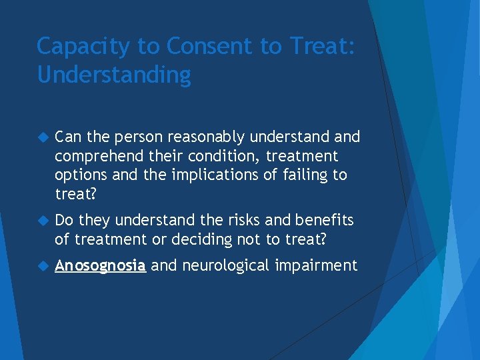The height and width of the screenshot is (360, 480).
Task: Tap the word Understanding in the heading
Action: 114,75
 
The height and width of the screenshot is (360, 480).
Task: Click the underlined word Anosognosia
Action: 100,266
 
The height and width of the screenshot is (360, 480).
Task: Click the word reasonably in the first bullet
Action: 205,137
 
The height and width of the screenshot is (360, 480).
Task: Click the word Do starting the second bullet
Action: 65,220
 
